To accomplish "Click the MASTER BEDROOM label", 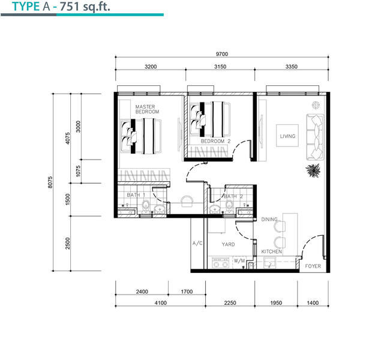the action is point(147,109).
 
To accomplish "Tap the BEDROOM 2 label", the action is point(215,141).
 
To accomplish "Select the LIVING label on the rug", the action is point(287,136).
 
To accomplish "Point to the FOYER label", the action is point(313,266).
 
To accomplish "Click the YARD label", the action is point(228,244).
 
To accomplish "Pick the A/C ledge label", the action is point(197,243).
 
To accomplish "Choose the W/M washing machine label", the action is point(239,260).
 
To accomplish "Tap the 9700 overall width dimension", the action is point(222,54).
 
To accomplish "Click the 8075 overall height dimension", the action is point(50,182).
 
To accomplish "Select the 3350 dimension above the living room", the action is point(292,67).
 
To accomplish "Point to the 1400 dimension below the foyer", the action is point(313,303).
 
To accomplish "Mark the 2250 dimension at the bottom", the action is point(230,303).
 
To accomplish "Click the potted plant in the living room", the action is point(313,170).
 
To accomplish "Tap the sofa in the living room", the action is point(315,137).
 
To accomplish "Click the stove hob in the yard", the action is point(220,263).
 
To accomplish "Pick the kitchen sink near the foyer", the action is point(270,263).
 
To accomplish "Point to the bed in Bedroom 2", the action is point(210,119).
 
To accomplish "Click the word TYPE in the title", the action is point(26,7).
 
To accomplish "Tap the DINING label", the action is point(269,219).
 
